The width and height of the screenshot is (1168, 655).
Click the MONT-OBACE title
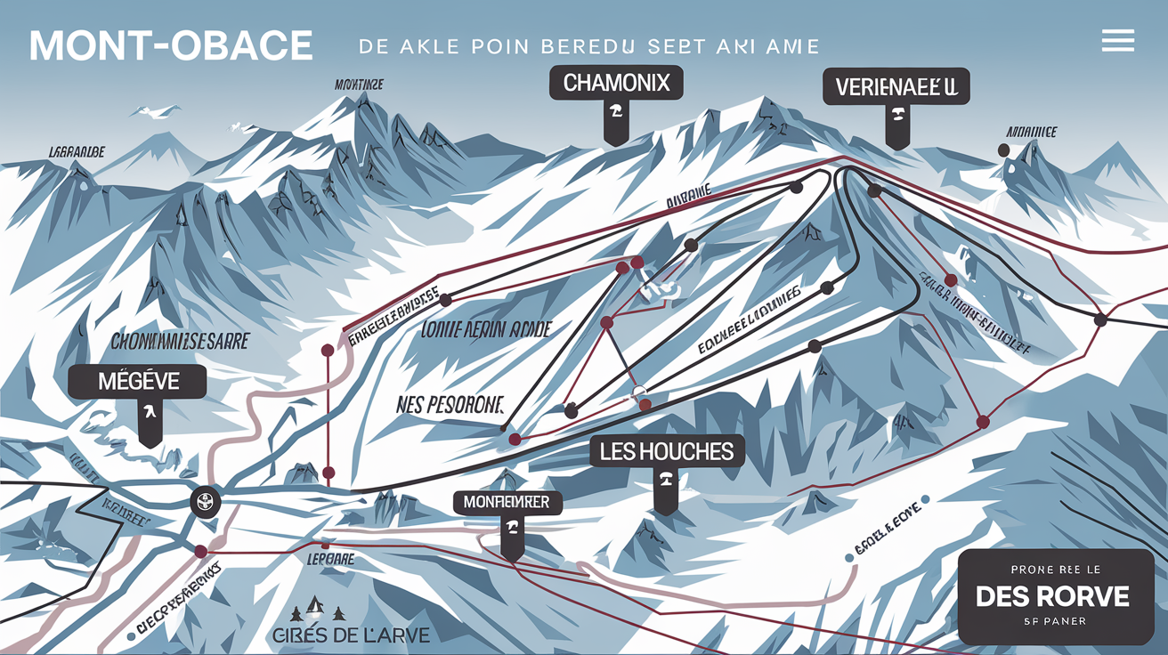pyautogui.click(x=171, y=46)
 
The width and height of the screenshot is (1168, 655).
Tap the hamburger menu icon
pyautogui.click(x=1117, y=40)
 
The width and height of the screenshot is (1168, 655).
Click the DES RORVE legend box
pyautogui.click(x=1056, y=596)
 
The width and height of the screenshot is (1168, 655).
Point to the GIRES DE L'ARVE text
pyautogui.click(x=349, y=635)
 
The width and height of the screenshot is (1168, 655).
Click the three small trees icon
pyautogui.click(x=314, y=611)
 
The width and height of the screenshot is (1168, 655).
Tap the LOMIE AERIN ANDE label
pyautogui.click(x=485, y=330)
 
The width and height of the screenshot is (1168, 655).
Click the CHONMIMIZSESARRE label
pyautogui.click(x=179, y=341)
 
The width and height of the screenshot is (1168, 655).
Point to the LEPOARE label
pyautogui.click(x=330, y=560)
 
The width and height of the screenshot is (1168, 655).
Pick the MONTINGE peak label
pyautogui.click(x=359, y=85)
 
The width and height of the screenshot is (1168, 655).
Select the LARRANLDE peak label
pyautogui.click(x=77, y=152)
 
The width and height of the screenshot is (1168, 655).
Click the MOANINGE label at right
pyautogui.click(x=1031, y=132)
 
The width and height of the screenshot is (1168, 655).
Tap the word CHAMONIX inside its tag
pyautogui.click(x=616, y=85)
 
